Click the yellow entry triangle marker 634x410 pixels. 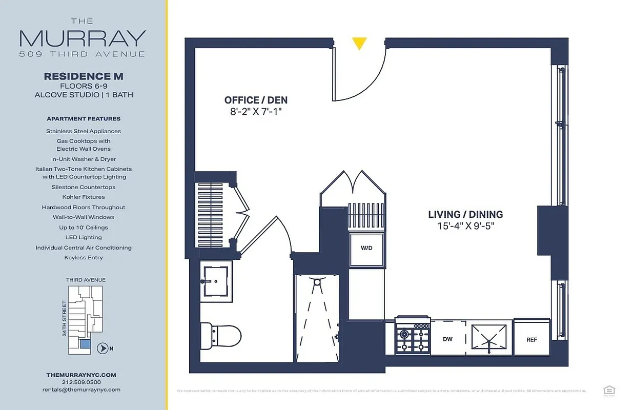pyautogui.click(x=359, y=44)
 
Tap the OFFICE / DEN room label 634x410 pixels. pyautogui.click(x=256, y=100)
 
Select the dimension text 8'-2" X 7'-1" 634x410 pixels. pyautogui.click(x=256, y=111)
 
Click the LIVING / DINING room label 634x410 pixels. pyautogui.click(x=465, y=215)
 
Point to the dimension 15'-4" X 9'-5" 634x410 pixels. pyautogui.click(x=465, y=225)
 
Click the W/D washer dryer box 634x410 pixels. pyautogui.click(x=366, y=249)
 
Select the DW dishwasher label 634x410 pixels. pyautogui.click(x=447, y=339)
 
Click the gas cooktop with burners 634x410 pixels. pyautogui.click(x=412, y=337)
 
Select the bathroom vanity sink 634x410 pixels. pyautogui.click(x=214, y=281)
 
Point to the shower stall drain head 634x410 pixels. pyautogui.click(x=317, y=282)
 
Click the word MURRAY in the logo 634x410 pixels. pyautogui.click(x=83, y=38)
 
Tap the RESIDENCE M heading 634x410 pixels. pyautogui.click(x=84, y=76)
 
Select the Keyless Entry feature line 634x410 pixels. pyautogui.click(x=84, y=258)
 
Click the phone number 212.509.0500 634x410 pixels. pyautogui.click(x=81, y=382)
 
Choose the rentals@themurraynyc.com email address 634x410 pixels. pyautogui.click(x=81, y=389)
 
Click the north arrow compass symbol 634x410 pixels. pyautogui.click(x=103, y=348)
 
